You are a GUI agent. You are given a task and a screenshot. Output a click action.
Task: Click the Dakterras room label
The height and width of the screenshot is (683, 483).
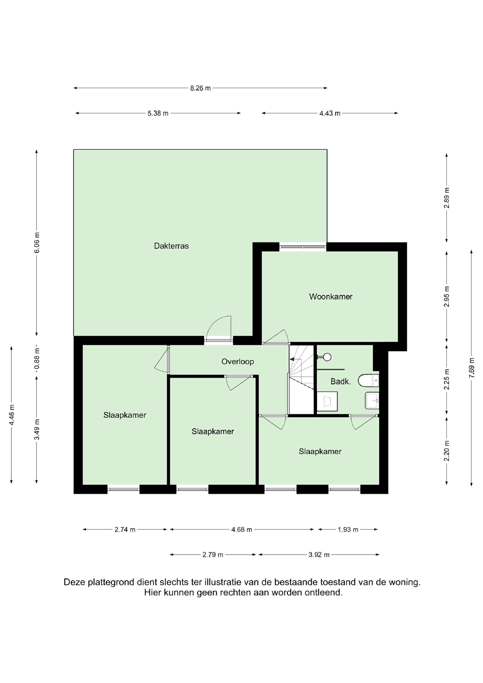pos(172,246)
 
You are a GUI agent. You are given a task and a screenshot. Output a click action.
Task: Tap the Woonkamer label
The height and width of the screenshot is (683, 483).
pos(331,297)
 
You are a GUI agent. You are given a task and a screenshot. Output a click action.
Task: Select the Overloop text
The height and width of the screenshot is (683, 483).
pos(237,362)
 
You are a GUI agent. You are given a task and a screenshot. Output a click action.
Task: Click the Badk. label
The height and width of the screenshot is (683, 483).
pos(341,382)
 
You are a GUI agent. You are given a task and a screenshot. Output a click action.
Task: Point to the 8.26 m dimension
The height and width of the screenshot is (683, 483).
pos(201,88)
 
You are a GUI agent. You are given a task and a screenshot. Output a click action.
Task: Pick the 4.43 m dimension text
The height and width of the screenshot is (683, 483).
pos(330,113)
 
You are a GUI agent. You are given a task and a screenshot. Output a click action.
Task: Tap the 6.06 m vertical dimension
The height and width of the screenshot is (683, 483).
pos(37,242)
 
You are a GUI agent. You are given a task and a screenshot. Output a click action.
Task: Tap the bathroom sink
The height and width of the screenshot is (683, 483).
pos(372,400)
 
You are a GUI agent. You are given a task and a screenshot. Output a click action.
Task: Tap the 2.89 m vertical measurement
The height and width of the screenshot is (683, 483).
pos(447,198)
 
